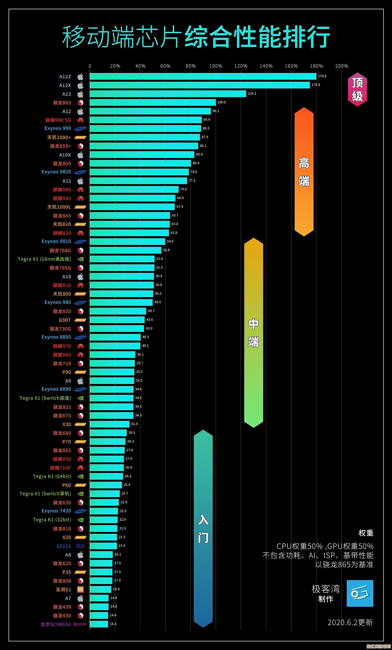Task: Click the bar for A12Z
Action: pyautogui.click(x=203, y=77)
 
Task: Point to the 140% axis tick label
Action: pyautogui.click(x=266, y=66)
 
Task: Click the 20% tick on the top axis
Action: pyautogui.click(x=115, y=66)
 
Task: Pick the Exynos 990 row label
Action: pyautogui.click(x=58, y=128)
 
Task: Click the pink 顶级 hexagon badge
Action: pyautogui.click(x=357, y=90)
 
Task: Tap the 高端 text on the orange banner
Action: pyautogui.click(x=304, y=172)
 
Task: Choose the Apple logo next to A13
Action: pyautogui.click(x=80, y=94)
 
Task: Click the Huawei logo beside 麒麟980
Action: pyautogui.click(x=80, y=190)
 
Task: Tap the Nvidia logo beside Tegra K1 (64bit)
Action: pyautogui.click(x=80, y=476)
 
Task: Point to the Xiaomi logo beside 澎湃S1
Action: pyautogui.click(x=80, y=589)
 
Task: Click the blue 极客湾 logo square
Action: pyautogui.click(x=360, y=593)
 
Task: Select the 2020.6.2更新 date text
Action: pyautogui.click(x=350, y=622)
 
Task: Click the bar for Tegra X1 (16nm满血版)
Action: pyautogui.click(x=122, y=259)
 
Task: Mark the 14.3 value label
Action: pyautogui.click(x=113, y=624)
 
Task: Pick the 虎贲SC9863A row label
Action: pyautogui.click(x=55, y=624)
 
